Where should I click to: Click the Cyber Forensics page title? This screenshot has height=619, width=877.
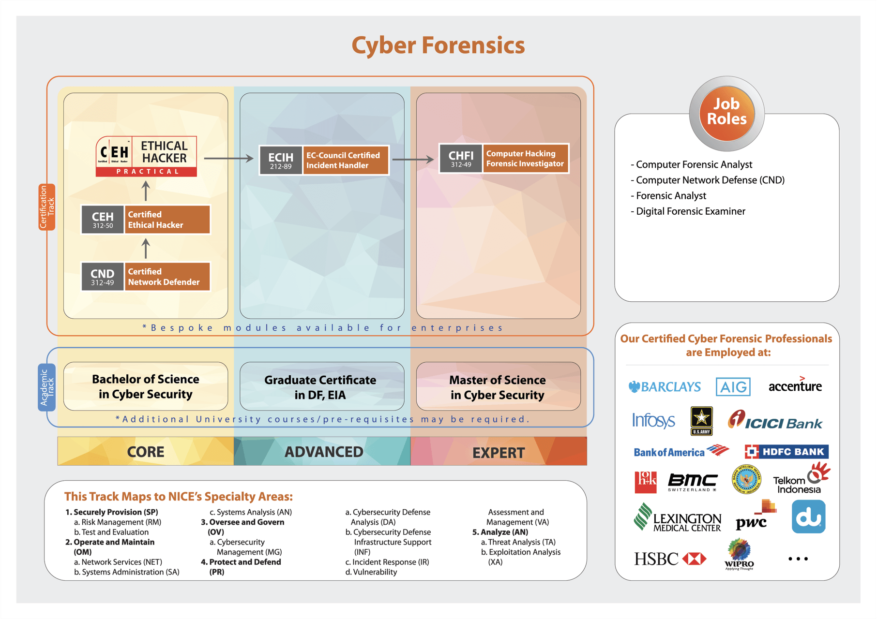pos(438,45)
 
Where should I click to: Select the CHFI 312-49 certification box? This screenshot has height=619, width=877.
pos(504,158)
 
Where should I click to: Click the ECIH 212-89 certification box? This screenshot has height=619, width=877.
pos(324,160)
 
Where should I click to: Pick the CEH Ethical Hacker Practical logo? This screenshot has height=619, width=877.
pos(146,156)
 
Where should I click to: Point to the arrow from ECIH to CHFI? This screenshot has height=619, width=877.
pos(413,159)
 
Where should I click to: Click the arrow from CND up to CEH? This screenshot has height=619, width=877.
pos(146,249)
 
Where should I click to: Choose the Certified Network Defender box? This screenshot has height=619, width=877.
pos(146,277)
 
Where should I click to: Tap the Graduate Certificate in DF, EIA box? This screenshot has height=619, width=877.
pos(322,386)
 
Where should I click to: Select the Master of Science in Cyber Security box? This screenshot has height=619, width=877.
pos(498,386)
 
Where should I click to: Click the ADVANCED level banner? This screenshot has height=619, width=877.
pos(322,451)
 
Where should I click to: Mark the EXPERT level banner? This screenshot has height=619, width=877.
pos(499,451)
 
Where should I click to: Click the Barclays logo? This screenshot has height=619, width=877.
pos(665,386)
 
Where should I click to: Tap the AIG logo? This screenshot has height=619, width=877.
pos(733,386)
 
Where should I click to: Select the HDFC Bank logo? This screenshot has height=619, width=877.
pos(786,452)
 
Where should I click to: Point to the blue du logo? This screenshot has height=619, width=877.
pos(808,516)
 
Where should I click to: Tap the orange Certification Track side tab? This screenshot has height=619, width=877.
pos(47,207)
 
